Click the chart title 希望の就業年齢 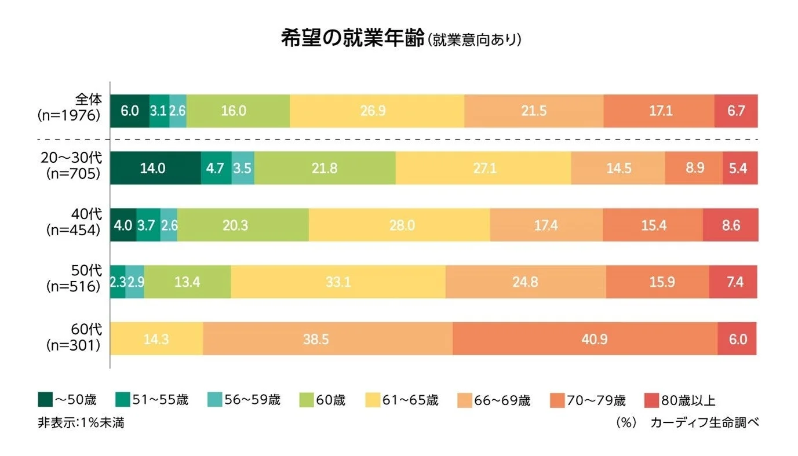(x=352, y=39)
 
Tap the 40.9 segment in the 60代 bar (x=585, y=339)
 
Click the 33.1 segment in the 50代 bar (x=338, y=282)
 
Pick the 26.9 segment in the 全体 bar (x=377, y=111)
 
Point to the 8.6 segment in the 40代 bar (x=730, y=225)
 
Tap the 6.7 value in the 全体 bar (x=736, y=111)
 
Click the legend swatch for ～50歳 (x=45, y=400)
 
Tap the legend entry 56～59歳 (x=246, y=400)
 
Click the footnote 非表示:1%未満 (x=81, y=423)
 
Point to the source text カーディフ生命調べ (x=704, y=423)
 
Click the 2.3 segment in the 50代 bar (x=118, y=282)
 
